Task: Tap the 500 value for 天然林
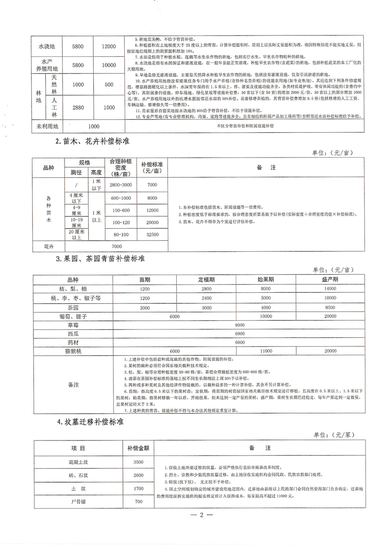pos(109,84)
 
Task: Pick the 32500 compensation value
pos(152,234)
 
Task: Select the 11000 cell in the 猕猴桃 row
pos(266,350)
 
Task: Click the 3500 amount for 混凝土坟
pos(138,461)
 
